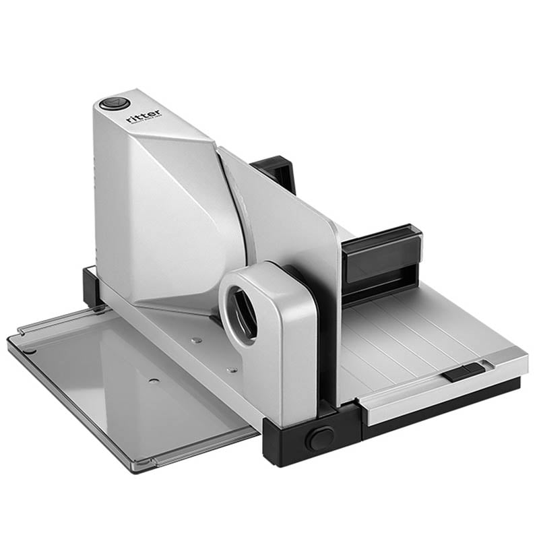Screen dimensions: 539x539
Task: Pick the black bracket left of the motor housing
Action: click(x=91, y=287)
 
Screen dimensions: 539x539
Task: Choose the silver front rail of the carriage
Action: click(x=431, y=387)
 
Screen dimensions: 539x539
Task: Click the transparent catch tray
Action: click(x=121, y=391)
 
